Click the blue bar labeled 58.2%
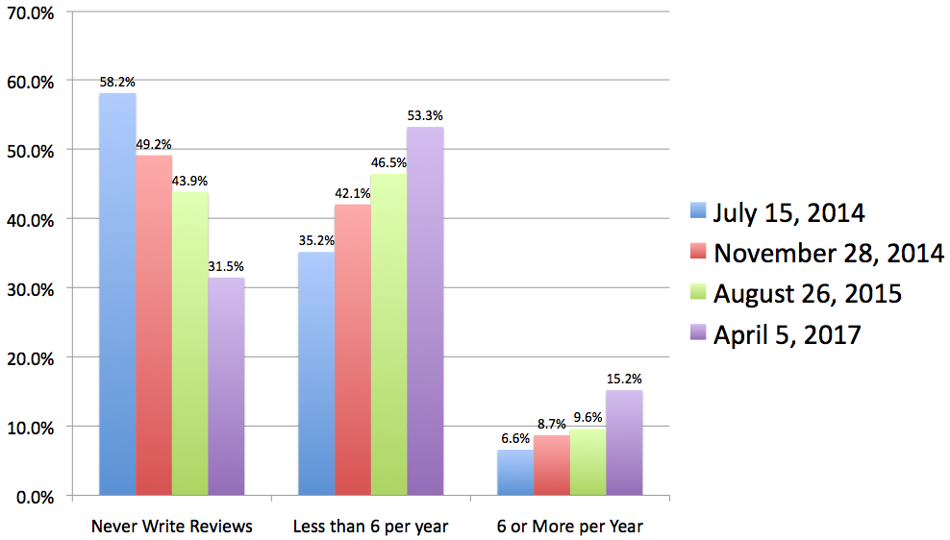[x=117, y=294]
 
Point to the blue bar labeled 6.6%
[x=515, y=472]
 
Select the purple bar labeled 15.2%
[x=624, y=442]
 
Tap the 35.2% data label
[x=316, y=241]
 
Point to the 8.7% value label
[x=551, y=425]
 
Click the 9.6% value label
[x=587, y=417]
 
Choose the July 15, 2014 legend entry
[x=787, y=211]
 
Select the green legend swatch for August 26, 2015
[x=699, y=293]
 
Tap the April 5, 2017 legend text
[x=787, y=334]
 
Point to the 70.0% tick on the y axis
[x=31, y=12]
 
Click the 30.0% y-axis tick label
[x=31, y=288]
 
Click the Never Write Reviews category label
[x=172, y=526]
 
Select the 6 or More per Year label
[x=570, y=526]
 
